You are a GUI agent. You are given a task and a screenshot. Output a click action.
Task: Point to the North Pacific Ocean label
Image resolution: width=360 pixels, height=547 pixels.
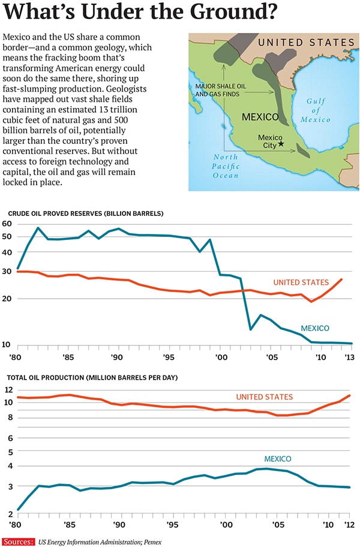tap(226, 166)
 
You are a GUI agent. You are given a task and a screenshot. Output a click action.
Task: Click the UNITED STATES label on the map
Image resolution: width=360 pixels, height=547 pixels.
tap(306, 43)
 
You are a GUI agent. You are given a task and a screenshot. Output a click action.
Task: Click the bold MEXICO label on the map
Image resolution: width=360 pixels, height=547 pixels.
tap(260, 117)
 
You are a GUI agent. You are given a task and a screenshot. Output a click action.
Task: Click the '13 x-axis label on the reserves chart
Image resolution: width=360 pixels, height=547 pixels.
tap(347, 358)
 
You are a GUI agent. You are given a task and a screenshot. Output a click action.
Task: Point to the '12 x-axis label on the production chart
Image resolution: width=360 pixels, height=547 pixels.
tap(347, 524)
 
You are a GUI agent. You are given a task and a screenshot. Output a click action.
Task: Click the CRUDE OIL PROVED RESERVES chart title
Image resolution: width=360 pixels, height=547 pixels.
tap(85, 214)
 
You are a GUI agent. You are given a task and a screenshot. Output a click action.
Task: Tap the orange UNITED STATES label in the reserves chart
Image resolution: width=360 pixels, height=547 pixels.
tap(301, 282)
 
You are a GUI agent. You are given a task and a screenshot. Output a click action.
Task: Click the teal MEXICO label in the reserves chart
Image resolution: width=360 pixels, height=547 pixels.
tap(315, 328)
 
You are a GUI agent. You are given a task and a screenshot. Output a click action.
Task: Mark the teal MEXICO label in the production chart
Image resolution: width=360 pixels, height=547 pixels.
tap(277, 459)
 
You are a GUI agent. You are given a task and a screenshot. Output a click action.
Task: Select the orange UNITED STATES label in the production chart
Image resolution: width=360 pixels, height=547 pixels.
tap(264, 397)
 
